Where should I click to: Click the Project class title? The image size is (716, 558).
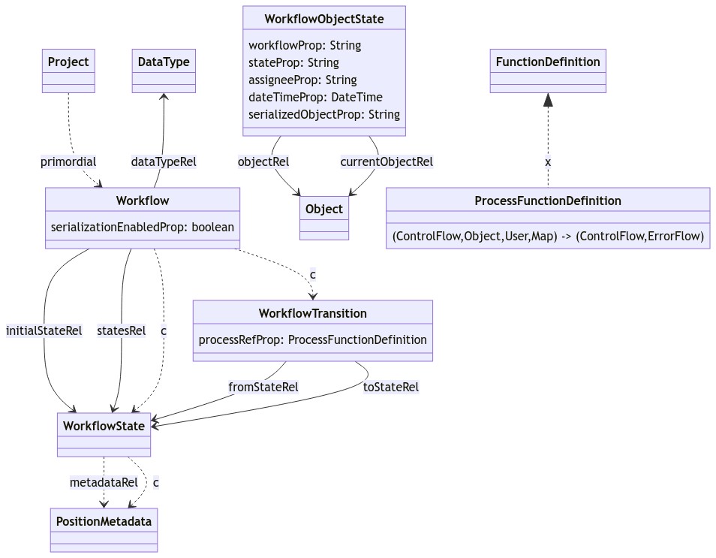click(68, 62)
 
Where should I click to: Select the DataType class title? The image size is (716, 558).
click(164, 62)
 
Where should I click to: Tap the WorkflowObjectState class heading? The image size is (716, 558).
click(324, 19)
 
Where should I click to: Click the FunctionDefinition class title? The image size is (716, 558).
click(548, 62)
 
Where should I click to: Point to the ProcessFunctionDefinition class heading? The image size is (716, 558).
click(548, 201)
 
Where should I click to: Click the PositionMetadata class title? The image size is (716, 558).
click(104, 520)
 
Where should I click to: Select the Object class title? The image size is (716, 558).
click(324, 209)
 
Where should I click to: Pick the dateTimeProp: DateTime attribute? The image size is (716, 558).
click(315, 97)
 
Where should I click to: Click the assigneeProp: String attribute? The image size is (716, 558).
click(302, 80)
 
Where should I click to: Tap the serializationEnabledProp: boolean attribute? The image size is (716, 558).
click(143, 227)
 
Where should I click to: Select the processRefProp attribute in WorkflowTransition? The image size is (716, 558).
click(312, 339)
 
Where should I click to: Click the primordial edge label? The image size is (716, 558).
click(68, 161)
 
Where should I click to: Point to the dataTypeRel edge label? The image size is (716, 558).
click(164, 161)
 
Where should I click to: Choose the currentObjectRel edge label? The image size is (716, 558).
click(387, 161)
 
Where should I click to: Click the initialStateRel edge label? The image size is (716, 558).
click(44, 330)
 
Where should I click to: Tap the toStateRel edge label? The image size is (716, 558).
click(390, 387)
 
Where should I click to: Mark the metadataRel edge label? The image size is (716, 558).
click(104, 482)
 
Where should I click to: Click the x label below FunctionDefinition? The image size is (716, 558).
click(548, 161)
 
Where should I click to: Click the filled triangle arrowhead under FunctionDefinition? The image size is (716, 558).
click(548, 100)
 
